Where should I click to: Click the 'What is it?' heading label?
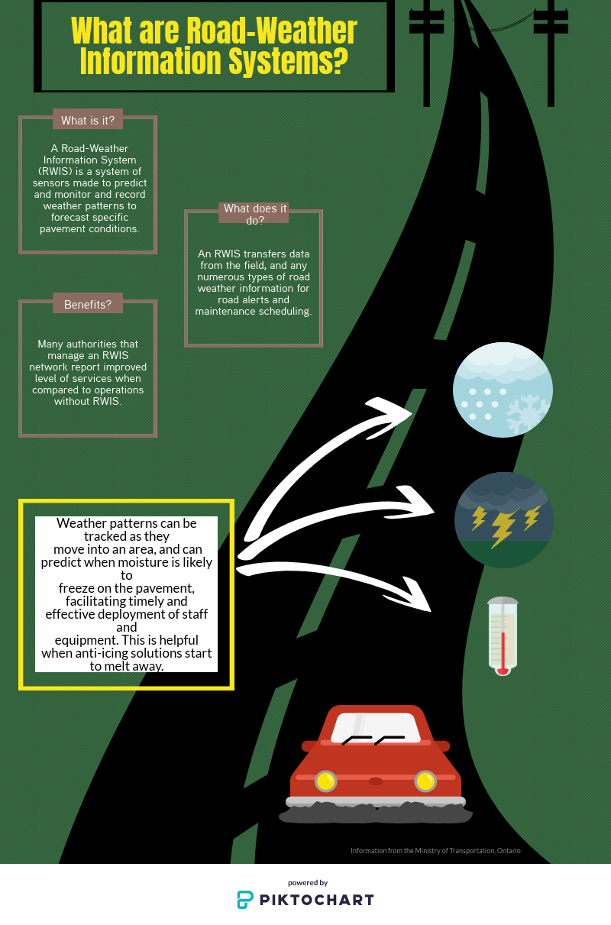click(88, 121)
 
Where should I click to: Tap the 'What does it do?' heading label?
click(254, 214)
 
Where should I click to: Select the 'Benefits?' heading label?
click(88, 304)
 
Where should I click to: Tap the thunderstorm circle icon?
click(503, 519)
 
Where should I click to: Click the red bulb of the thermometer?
click(502, 670)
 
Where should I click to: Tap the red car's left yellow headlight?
click(326, 781)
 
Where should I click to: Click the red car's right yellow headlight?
click(425, 781)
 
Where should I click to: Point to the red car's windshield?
click(375, 728)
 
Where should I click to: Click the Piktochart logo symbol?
click(245, 899)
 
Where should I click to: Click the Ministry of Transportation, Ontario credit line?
click(435, 850)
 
